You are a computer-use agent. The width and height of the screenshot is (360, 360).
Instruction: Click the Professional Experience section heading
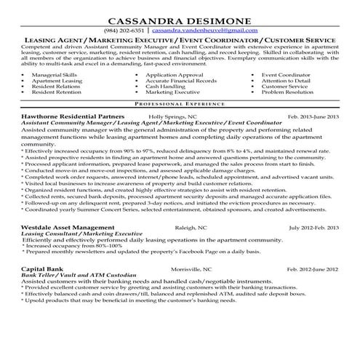(180, 105)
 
